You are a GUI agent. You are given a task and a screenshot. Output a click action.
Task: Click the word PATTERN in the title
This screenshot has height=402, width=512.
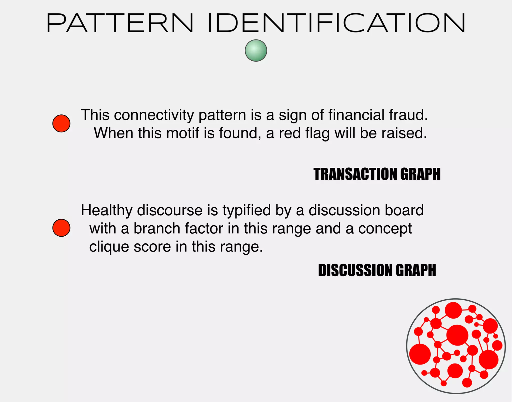pyautogui.click(x=120, y=23)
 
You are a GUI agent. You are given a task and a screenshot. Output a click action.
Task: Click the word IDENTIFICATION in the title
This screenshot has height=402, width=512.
pyautogui.click(x=336, y=23)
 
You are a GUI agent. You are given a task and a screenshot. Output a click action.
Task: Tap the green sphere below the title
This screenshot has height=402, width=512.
pyautogui.click(x=256, y=50)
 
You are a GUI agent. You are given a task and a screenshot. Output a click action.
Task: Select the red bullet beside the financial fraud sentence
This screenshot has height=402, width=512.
pyautogui.click(x=61, y=123)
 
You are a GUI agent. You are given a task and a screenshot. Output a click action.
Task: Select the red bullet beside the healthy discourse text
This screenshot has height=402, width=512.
pyautogui.click(x=61, y=228)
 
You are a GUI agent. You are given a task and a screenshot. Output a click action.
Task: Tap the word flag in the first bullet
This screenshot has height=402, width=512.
pyautogui.click(x=317, y=133)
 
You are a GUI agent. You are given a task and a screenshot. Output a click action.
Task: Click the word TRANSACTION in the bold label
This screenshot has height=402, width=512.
pyautogui.click(x=355, y=174)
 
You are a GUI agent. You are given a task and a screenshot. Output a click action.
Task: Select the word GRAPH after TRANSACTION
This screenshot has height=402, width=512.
pyautogui.click(x=420, y=174)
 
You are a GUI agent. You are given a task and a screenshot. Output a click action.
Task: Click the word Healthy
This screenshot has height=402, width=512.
pyautogui.click(x=106, y=210)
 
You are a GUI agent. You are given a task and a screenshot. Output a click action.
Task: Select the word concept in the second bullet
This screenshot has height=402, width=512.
pyautogui.click(x=385, y=229)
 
